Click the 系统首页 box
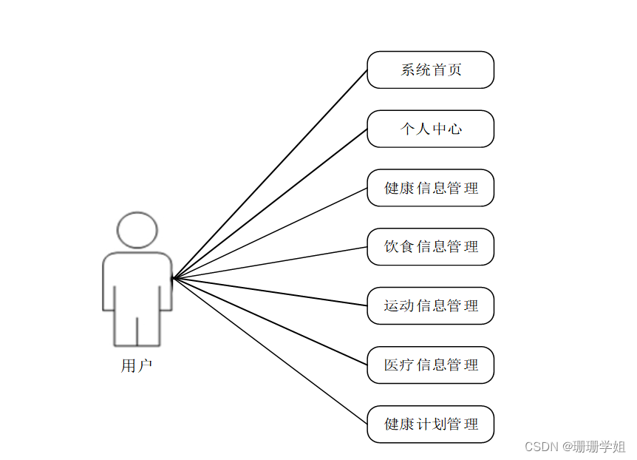pos(430,70)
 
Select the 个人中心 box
pos(430,129)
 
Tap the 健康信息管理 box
pos(430,188)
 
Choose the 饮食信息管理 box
pos(430,247)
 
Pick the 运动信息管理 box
pos(430,305)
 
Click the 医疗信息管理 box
pos(430,365)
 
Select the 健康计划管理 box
pos(430,424)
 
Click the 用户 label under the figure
pos(137,365)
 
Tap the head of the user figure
pos(137,230)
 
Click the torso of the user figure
pos(137,285)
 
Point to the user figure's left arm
pos(108,285)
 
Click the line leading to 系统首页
pos(270,175)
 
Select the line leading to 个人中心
pos(270,204)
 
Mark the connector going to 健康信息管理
pos(270,234)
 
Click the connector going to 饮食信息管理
pos(270,263)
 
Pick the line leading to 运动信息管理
pos(270,291)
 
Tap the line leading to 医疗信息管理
pos(270,322)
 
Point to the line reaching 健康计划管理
pos(270,351)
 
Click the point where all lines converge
pos(172,279)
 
